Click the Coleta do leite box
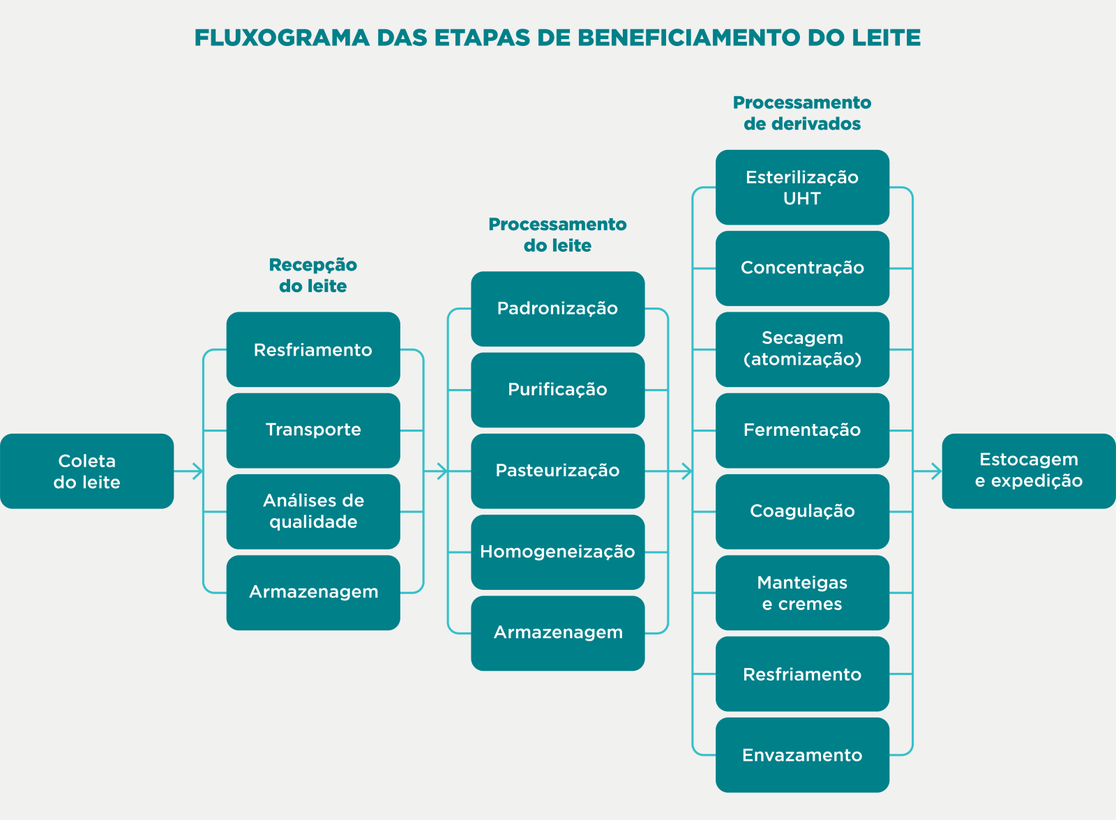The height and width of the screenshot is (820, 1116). pos(86,471)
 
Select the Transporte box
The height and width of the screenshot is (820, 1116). pos(313,430)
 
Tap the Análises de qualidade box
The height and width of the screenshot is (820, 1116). pos(313,512)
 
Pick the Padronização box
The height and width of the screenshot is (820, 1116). pos(557,309)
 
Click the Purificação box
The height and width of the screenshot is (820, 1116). pos(557,390)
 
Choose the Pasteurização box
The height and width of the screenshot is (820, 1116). pos(557,471)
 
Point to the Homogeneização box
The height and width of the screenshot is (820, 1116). pos(557,552)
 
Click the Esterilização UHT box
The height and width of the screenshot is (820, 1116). pos(802,188)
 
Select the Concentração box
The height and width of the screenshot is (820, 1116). pos(802,268)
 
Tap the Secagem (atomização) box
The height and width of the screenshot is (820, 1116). pos(802,349)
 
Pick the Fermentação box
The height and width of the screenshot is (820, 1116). pos(802,430)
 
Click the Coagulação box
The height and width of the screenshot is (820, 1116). pos(802,512)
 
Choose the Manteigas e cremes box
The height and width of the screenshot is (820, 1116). pos(802,593)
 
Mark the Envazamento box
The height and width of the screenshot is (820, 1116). pos(802,754)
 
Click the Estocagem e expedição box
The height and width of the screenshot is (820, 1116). pos(1029,471)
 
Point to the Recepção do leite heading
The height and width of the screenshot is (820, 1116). pos(313,275)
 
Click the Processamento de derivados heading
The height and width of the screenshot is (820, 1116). pos(802,113)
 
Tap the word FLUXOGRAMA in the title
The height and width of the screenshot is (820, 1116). pos(282,38)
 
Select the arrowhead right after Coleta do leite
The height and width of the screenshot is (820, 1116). pos(198,471)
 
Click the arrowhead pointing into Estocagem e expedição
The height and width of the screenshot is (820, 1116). pos(937,471)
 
